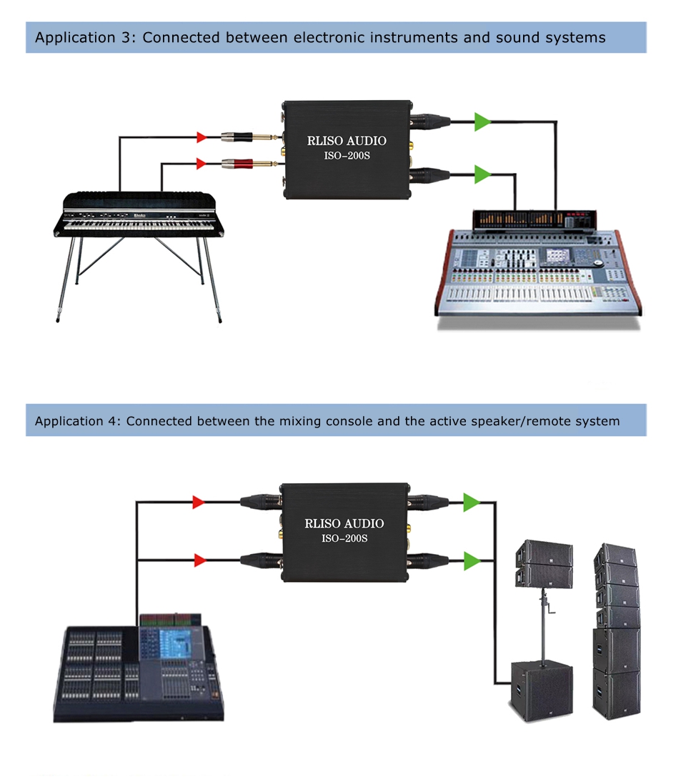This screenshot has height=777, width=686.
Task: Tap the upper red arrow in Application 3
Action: click(x=203, y=135)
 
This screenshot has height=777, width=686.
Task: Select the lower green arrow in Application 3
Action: click(x=483, y=173)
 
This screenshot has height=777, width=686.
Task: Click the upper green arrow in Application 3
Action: click(x=483, y=122)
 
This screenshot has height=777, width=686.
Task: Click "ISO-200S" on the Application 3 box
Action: click(x=346, y=156)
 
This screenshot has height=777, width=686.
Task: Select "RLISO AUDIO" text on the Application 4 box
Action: click(x=344, y=523)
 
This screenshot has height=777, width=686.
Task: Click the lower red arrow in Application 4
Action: click(x=199, y=560)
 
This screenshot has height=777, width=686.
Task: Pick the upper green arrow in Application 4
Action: click(x=471, y=503)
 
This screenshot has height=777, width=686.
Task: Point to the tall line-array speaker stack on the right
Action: click(x=616, y=629)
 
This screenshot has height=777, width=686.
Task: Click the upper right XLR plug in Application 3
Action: click(x=432, y=122)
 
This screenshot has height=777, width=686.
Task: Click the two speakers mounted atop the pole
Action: click(x=544, y=563)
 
